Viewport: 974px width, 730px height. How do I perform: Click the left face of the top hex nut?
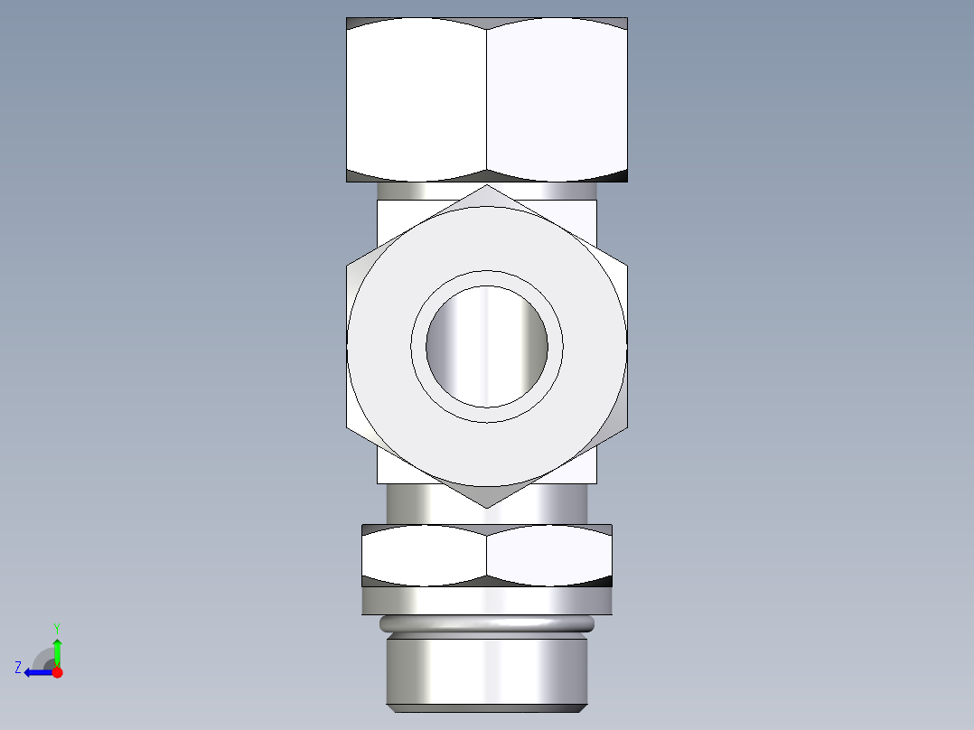coord(417,99)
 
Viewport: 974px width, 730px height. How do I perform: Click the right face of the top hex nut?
coord(557,99)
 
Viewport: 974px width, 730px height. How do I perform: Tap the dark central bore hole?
coord(487,346)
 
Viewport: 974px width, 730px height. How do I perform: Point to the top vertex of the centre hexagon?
coord(487,186)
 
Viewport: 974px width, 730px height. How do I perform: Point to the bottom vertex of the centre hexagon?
coord(487,507)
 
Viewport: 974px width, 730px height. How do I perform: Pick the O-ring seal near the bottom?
coord(487,623)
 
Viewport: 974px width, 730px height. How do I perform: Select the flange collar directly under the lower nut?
coord(487,601)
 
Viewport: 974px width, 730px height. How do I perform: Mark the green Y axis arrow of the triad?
coord(57,650)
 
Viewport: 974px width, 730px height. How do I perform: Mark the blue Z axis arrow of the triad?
coord(36,672)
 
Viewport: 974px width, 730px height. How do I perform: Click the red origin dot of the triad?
coord(57,672)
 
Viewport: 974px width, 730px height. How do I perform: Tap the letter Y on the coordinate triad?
coord(57,627)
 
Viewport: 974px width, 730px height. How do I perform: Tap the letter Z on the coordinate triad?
coord(18,668)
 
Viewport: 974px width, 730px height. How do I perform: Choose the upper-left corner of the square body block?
coord(379,201)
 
